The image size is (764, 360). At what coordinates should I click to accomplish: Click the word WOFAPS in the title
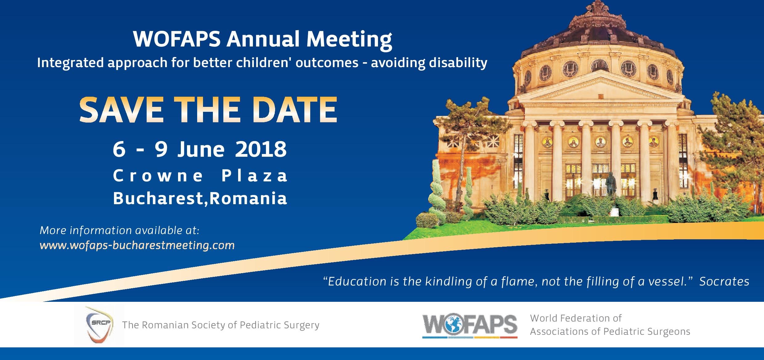click(177, 39)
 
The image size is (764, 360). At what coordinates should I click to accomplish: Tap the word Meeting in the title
click(349, 39)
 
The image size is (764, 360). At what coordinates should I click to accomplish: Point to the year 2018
click(261, 149)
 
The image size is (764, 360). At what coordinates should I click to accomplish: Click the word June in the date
click(201, 149)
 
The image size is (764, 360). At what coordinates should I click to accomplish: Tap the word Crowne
click(158, 176)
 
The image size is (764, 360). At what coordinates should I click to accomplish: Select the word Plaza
click(254, 176)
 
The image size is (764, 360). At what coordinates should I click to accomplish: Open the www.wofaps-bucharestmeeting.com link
click(137, 245)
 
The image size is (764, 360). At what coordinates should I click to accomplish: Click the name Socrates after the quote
click(724, 281)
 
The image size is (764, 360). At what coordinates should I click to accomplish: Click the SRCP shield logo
click(99, 325)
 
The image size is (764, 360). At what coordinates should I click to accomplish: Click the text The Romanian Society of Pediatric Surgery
click(221, 325)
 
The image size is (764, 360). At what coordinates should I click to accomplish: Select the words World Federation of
click(575, 318)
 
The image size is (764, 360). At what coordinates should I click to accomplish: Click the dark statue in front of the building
click(611, 186)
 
